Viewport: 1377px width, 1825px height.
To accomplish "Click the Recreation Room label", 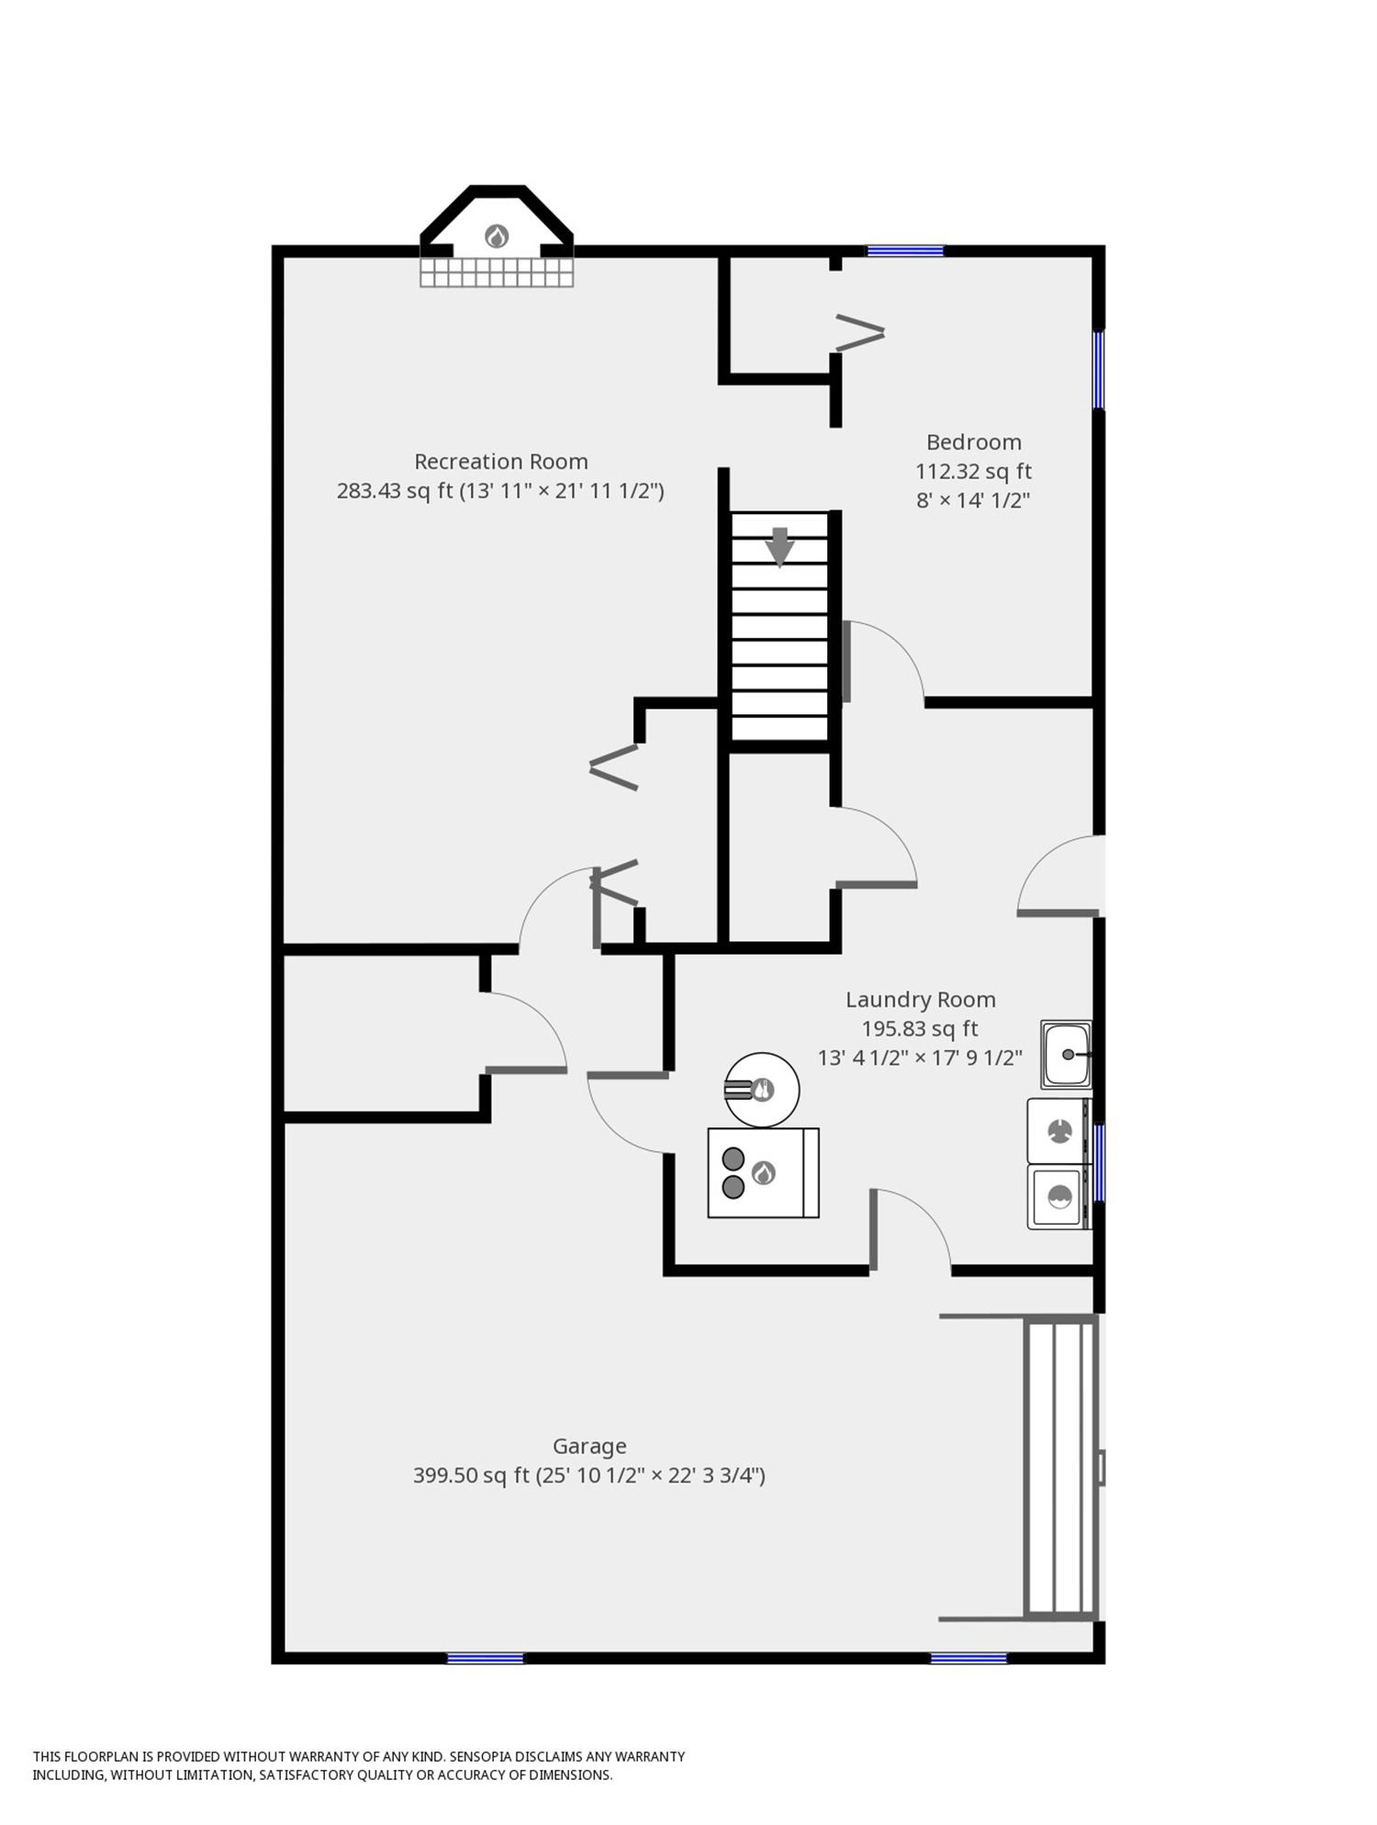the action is tap(500, 461).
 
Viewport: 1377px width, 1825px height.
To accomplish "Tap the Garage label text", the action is tap(589, 1446).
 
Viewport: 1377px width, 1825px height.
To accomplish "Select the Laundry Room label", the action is tap(920, 1000).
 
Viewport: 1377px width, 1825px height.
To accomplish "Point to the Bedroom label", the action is tap(973, 442).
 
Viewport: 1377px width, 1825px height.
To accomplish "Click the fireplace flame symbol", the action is tap(497, 236).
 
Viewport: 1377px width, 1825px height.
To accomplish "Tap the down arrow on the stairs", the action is tap(779, 547).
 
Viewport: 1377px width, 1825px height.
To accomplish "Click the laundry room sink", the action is tap(1066, 1054).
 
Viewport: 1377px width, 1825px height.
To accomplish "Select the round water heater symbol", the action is tap(762, 1090).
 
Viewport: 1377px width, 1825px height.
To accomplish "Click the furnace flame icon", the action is tap(763, 1172).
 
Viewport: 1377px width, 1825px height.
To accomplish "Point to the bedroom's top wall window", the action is tap(905, 250).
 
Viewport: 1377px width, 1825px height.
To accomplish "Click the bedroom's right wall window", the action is tap(1098, 369).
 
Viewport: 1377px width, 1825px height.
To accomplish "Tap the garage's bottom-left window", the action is tap(485, 1658).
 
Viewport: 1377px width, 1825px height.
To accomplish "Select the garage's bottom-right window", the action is tap(968, 1658).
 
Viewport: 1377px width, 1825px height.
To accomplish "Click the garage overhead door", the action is tap(1061, 1466).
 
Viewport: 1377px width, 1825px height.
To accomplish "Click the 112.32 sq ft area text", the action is tap(973, 471).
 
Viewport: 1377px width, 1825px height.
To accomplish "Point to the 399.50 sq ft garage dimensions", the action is tap(589, 1475).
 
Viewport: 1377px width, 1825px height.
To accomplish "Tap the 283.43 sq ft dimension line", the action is tap(500, 490).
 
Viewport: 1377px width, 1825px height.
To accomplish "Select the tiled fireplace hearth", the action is tap(497, 272).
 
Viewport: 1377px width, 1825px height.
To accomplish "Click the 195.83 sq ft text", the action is tap(920, 1028).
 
